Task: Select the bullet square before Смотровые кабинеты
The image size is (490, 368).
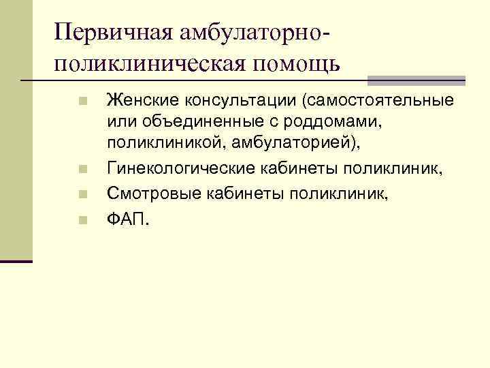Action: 82,196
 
